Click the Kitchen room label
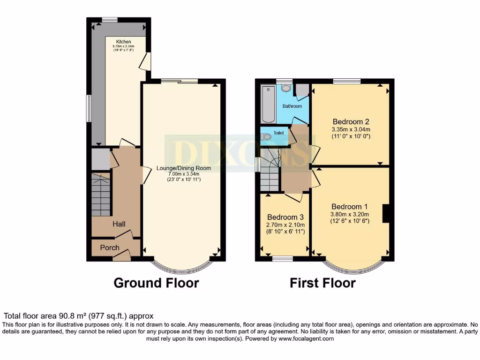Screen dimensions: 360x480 (123, 42)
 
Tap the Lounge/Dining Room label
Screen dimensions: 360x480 (183, 168)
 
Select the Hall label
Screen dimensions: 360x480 (119, 224)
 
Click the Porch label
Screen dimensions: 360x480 (110, 247)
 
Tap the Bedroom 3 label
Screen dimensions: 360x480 (285, 217)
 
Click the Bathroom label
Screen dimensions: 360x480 (292, 106)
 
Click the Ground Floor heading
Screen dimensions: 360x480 (156, 283)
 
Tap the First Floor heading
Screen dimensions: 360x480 (322, 283)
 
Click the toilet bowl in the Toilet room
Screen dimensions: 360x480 (267, 137)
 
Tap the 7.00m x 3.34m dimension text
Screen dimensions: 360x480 (183, 174)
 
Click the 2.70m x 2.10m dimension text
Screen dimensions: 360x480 (286, 225)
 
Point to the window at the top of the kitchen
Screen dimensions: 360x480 (110, 19)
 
